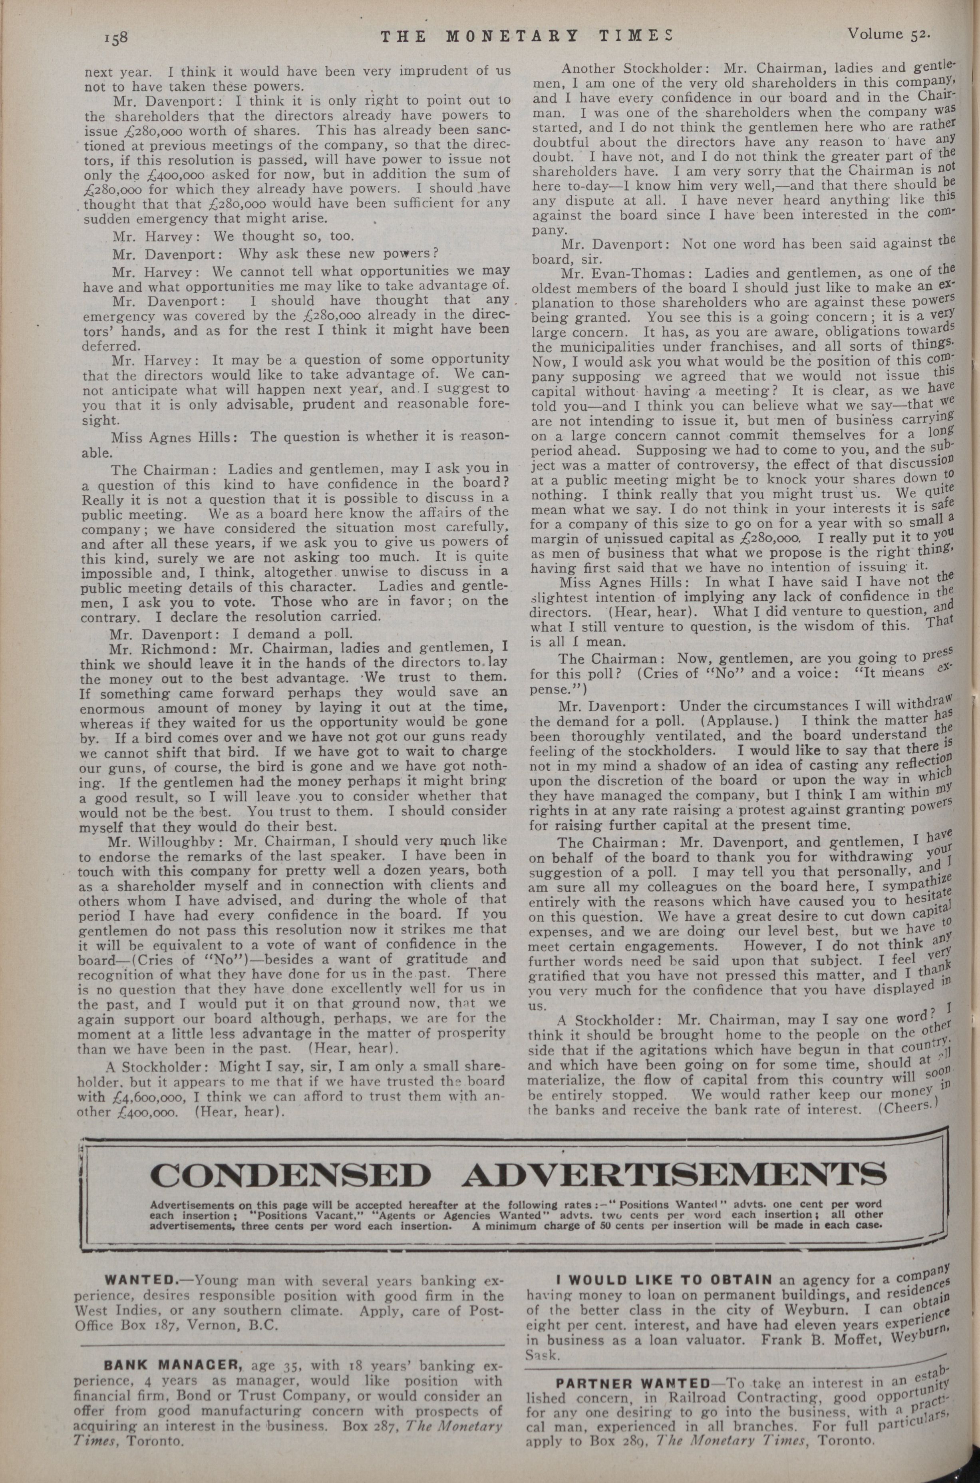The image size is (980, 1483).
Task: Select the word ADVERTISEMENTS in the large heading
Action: [674, 1175]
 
